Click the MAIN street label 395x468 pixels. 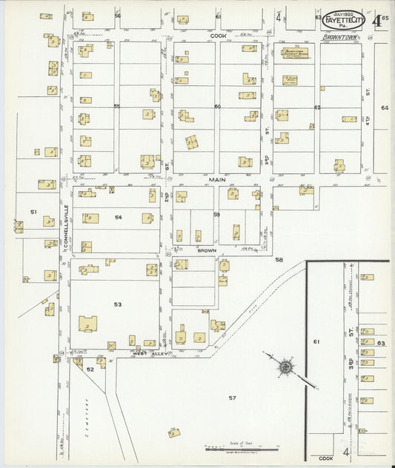click(216, 179)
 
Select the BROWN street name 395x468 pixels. click(207, 250)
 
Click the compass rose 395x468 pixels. click(285, 367)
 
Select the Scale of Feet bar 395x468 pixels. click(242, 449)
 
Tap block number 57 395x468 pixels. click(232, 398)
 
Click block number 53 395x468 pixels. click(117, 304)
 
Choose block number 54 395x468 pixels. click(118, 218)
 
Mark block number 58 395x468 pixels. click(279, 260)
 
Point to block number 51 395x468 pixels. click(33, 212)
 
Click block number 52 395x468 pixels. click(90, 369)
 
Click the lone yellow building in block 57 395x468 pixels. click(174, 432)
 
